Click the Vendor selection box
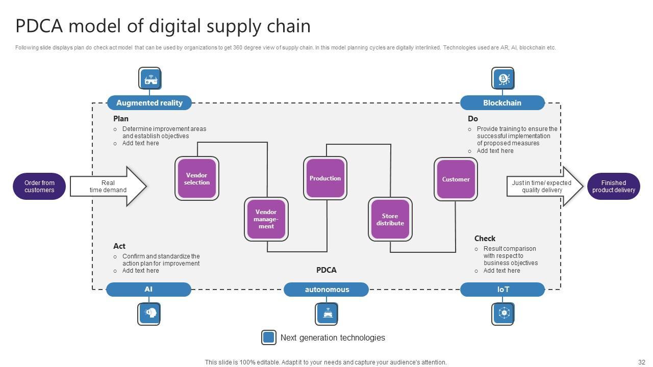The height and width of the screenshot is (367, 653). (197, 178)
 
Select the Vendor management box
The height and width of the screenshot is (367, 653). (266, 219)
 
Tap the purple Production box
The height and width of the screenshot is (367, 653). (325, 178)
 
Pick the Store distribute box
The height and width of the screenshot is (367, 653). (390, 219)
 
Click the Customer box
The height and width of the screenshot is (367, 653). (456, 179)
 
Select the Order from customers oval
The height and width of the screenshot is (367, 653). (39, 186)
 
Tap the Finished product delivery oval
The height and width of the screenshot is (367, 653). (613, 186)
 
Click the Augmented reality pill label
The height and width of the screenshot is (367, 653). (149, 102)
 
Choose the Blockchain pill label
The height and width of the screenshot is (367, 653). (503, 102)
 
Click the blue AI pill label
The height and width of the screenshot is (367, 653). (148, 290)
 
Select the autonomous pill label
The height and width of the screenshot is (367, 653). (326, 290)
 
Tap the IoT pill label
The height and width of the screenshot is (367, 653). (503, 290)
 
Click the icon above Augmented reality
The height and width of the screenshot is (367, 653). (150, 79)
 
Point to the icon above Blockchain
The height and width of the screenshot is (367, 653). (504, 79)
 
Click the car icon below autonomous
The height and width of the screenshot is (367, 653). (327, 313)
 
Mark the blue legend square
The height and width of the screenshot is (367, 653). (269, 337)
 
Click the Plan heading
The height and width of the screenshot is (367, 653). (121, 119)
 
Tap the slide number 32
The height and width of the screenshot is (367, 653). (642, 362)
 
